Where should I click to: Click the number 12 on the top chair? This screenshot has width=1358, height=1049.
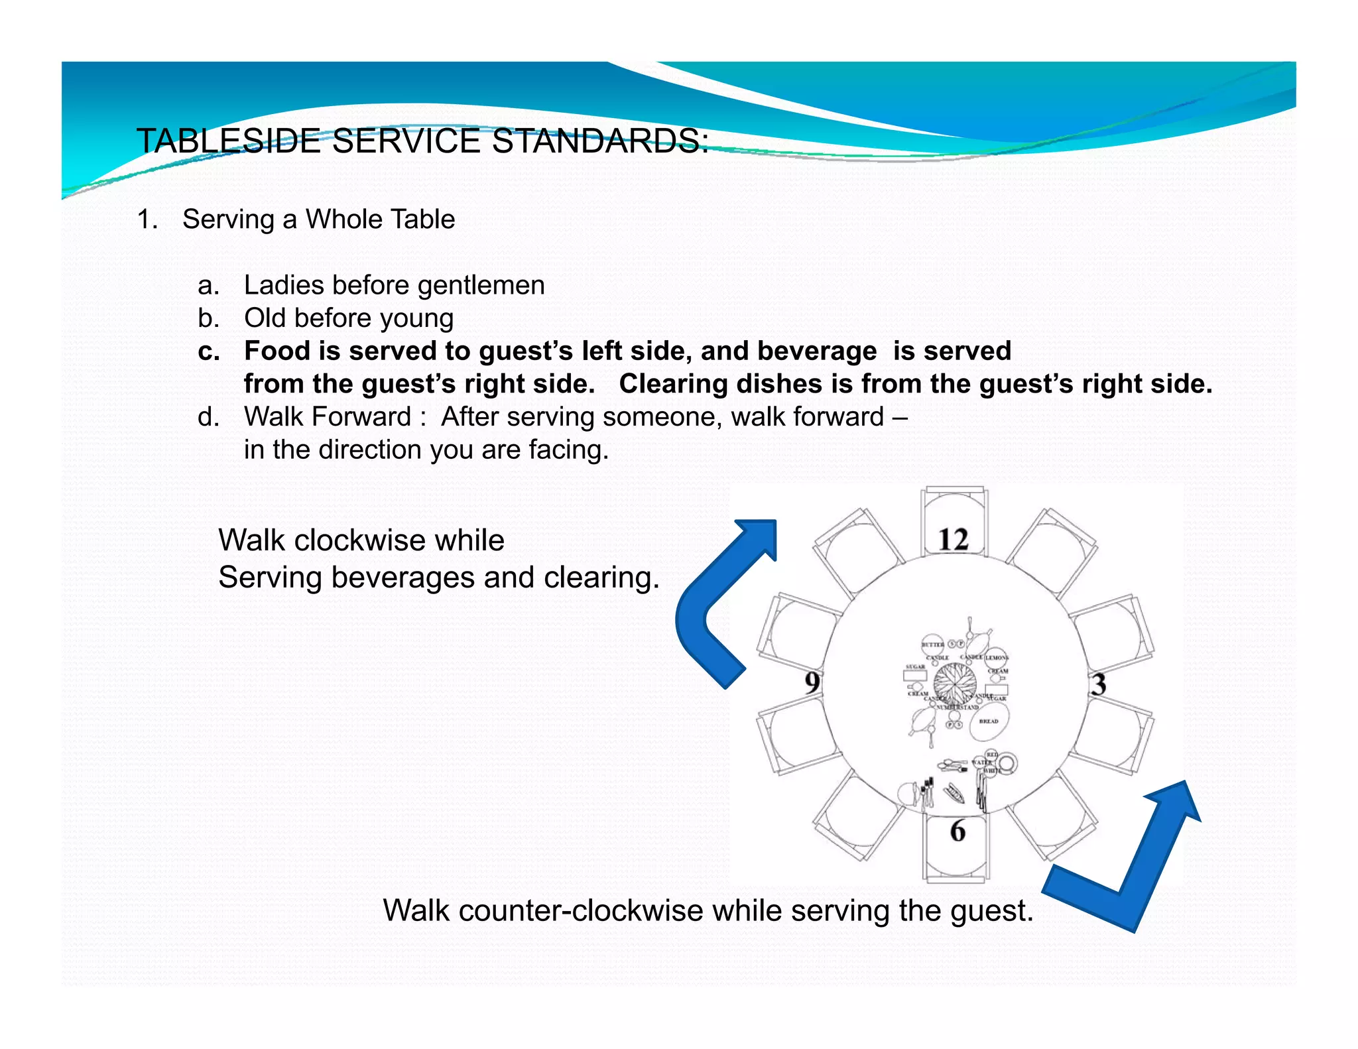pyautogui.click(x=954, y=540)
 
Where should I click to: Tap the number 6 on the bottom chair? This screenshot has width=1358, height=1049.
pyautogui.click(x=957, y=831)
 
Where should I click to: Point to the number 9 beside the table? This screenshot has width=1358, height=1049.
pyautogui.click(x=812, y=682)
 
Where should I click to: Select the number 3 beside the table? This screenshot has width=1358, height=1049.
pyautogui.click(x=1099, y=684)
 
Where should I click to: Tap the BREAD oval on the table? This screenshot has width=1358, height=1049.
pyautogui.click(x=988, y=721)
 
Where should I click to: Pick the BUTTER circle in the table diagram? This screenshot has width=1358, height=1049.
pyautogui.click(x=932, y=645)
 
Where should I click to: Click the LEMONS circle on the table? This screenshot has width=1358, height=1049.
pyautogui.click(x=997, y=658)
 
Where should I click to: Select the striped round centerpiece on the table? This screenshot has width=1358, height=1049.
pyautogui.click(x=955, y=683)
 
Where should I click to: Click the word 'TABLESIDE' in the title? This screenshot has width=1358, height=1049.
pyautogui.click(x=227, y=141)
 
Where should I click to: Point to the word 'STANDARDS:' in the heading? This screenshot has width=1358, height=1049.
pyautogui.click(x=601, y=141)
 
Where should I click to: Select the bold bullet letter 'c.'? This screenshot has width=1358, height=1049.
pyautogui.click(x=209, y=351)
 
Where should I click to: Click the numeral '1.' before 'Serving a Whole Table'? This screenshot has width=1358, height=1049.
pyautogui.click(x=147, y=219)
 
